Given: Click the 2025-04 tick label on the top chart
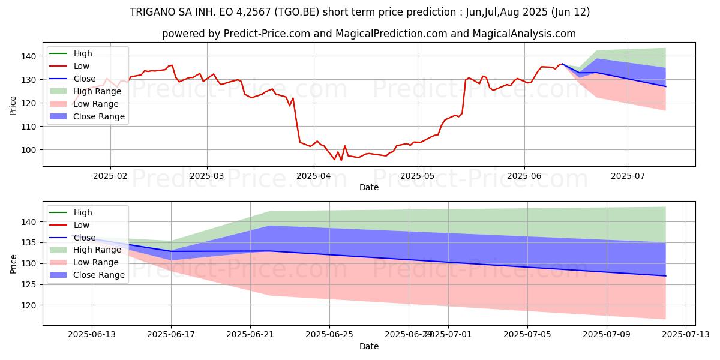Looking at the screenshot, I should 314,176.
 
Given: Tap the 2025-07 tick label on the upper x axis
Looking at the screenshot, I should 628,176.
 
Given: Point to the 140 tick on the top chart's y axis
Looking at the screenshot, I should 30,56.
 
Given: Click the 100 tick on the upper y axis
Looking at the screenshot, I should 30,150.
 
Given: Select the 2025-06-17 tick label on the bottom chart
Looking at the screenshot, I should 171,335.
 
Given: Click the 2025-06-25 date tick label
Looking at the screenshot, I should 329,335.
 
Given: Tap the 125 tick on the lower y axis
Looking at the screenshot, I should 30,284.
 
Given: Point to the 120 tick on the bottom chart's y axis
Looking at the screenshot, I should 30,305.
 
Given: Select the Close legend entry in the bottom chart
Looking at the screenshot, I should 85,238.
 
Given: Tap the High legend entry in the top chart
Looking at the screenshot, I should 83,53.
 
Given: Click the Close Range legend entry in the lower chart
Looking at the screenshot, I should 99,275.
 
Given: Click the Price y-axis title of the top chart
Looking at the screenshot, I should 13,106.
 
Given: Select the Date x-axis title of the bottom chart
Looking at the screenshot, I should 368,346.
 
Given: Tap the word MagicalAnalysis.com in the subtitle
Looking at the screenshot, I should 524,34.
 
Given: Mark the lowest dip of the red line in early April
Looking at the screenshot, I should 341,160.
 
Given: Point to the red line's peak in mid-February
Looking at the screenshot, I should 172,65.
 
